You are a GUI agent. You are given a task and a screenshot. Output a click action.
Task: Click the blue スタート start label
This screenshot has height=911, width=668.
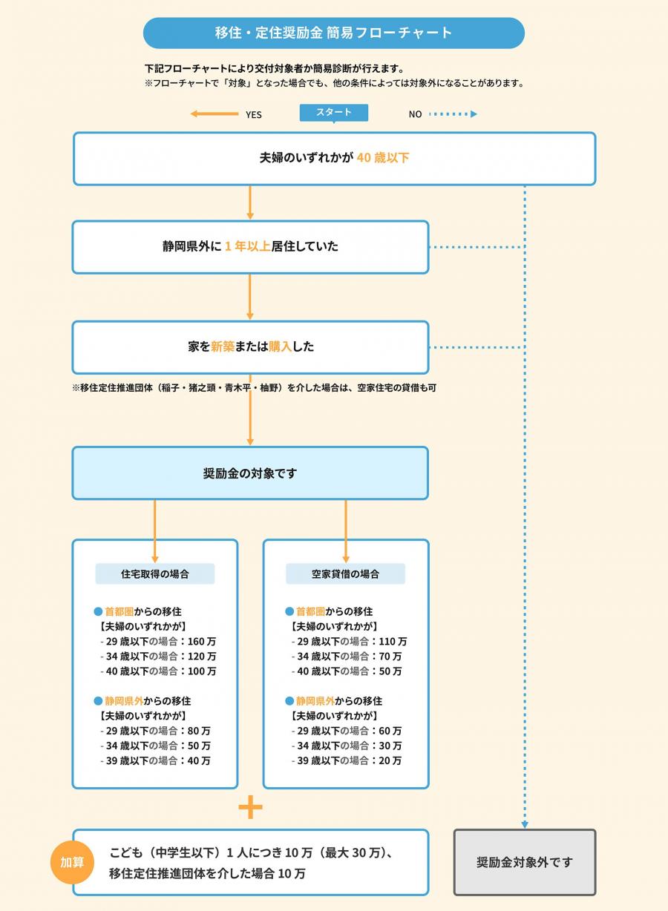[334, 113]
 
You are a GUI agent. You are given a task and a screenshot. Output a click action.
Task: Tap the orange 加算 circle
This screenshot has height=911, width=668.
[72, 862]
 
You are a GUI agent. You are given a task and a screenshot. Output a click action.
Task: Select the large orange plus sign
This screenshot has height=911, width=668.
[250, 807]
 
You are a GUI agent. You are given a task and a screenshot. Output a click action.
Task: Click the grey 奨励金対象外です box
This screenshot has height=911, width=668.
[524, 862]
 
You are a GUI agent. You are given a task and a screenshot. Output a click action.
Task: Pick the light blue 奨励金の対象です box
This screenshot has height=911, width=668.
[250, 473]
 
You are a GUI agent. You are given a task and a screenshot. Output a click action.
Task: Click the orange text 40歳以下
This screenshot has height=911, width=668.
[383, 158]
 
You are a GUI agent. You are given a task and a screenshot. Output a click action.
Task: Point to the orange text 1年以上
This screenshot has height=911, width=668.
[247, 246]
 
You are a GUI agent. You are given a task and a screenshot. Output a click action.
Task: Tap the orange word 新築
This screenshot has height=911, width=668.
[223, 346]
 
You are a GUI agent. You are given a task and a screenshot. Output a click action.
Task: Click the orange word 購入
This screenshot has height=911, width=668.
[280, 346]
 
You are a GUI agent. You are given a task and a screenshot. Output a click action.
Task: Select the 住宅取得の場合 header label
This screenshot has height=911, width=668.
[154, 573]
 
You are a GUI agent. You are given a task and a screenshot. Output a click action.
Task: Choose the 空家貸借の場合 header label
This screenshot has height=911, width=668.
[345, 573]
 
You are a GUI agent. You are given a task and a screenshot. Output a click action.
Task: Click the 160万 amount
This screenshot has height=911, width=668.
[203, 641]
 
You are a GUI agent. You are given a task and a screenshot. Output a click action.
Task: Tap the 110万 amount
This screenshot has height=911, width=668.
[393, 641]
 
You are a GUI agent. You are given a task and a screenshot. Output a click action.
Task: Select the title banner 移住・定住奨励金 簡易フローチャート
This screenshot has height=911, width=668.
[333, 33]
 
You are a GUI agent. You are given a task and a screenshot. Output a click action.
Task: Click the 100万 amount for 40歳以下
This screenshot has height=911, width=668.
[203, 671]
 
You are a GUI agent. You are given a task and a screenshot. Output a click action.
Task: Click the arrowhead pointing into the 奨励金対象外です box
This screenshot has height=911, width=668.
[524, 823]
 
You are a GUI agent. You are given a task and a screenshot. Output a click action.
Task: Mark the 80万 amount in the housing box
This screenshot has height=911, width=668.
[200, 731]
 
